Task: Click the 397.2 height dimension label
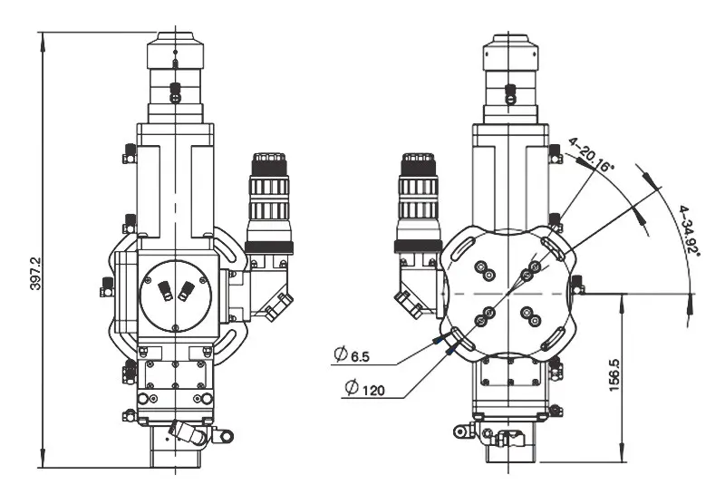35,274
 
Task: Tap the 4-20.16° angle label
591,155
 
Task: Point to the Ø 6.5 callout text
352,355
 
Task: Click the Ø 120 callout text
365,388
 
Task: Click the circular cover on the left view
176,296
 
